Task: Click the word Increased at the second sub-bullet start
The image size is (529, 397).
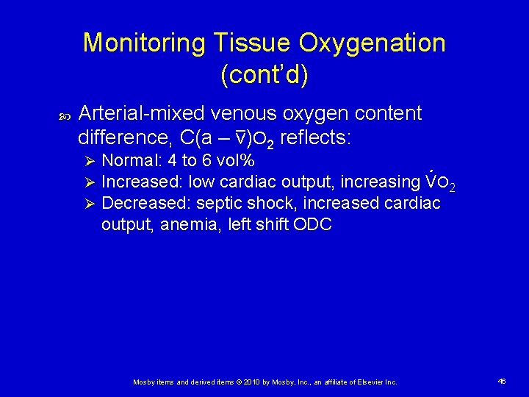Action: point(140,182)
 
